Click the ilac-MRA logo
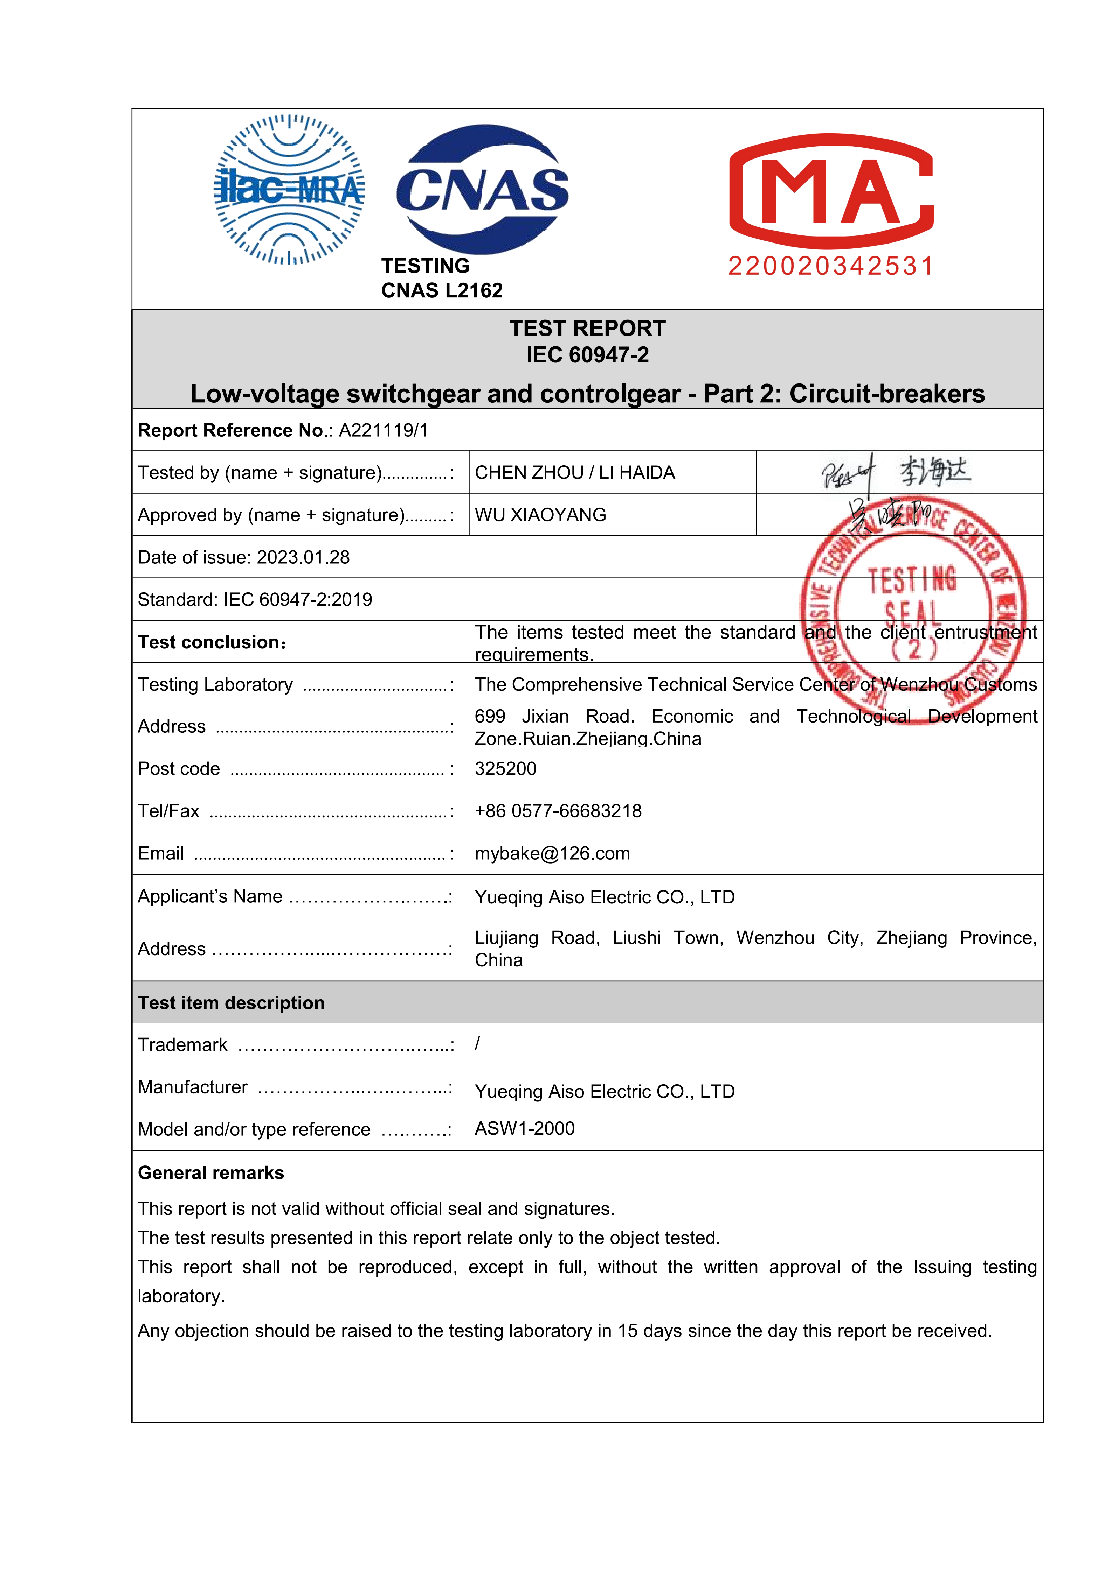(x=289, y=190)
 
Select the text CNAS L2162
(x=442, y=291)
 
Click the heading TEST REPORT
(x=587, y=329)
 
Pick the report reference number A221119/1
(x=384, y=430)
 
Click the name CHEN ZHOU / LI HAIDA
(x=574, y=473)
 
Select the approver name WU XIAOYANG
(x=540, y=515)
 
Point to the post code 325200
(x=505, y=769)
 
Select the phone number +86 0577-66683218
(x=558, y=811)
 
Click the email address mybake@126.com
(x=552, y=854)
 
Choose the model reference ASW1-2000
(x=525, y=1129)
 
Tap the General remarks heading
(x=211, y=1174)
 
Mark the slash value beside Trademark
(x=477, y=1044)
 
